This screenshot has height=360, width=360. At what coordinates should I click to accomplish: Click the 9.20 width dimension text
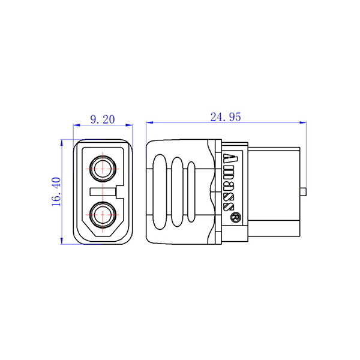click(x=103, y=119)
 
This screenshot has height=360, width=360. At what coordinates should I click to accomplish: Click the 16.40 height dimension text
click(x=56, y=192)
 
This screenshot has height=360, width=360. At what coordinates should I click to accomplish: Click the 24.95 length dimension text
click(x=226, y=117)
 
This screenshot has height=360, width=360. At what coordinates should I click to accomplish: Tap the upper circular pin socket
click(x=103, y=169)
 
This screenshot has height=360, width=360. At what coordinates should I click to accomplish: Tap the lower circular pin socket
click(x=103, y=215)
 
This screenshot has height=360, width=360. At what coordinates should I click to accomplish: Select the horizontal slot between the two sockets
click(x=103, y=192)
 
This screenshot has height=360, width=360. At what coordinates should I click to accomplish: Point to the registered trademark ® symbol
click(x=236, y=217)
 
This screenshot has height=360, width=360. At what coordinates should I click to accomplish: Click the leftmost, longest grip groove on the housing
click(x=160, y=192)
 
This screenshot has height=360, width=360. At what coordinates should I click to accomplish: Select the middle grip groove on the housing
click(x=177, y=192)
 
